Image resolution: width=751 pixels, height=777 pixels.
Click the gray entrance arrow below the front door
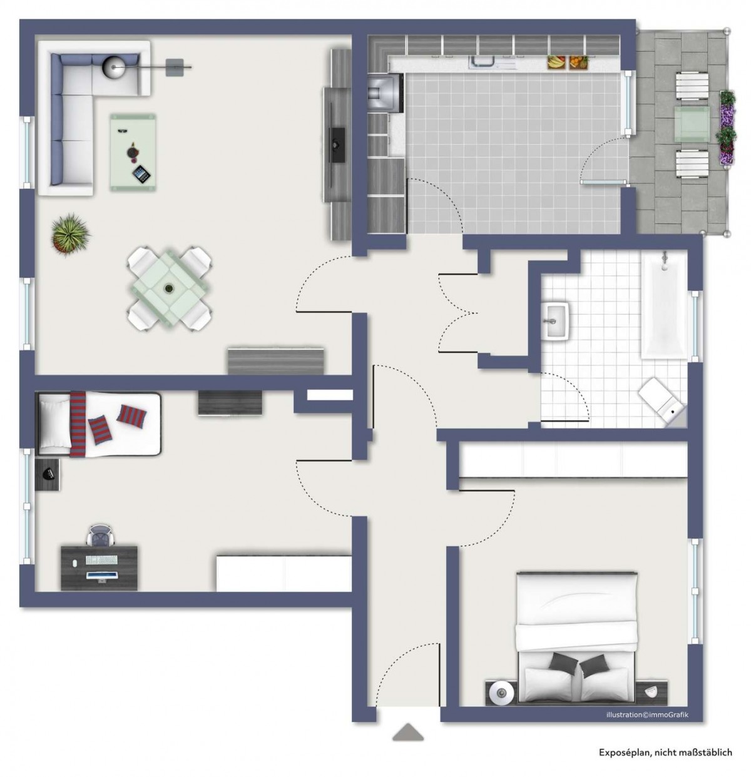point(407,733)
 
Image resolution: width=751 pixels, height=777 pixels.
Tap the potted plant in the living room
point(70,235)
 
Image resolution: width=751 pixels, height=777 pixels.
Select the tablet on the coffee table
point(142,174)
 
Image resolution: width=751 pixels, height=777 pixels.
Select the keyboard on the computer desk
point(101,560)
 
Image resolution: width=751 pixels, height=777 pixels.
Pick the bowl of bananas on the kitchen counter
point(556,63)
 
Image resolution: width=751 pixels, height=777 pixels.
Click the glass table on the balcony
point(692,124)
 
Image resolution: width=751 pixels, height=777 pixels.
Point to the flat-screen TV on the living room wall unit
point(335,145)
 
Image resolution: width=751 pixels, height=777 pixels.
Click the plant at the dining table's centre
point(170,288)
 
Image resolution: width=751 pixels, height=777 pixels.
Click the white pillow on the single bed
point(54,424)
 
